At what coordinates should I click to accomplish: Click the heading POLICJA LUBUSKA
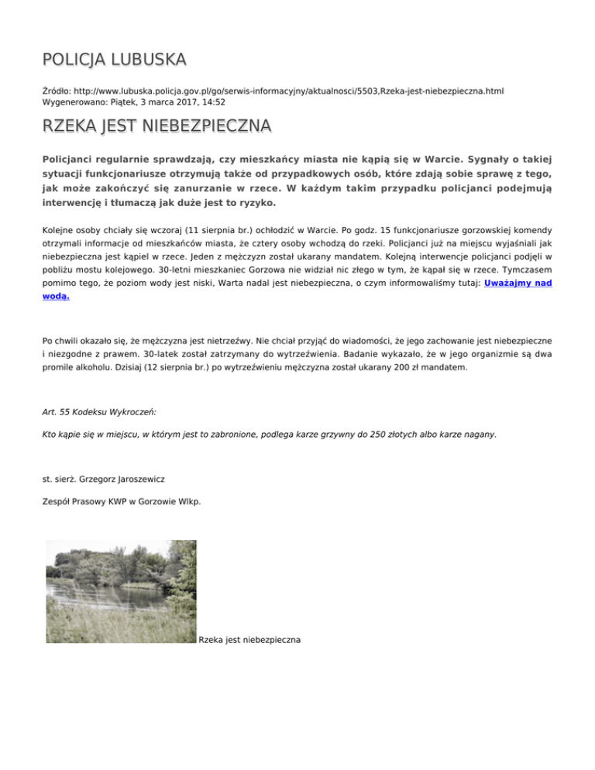tap(114, 59)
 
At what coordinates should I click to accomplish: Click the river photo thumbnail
tap(121, 591)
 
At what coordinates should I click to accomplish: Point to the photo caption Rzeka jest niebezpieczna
tap(249, 641)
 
